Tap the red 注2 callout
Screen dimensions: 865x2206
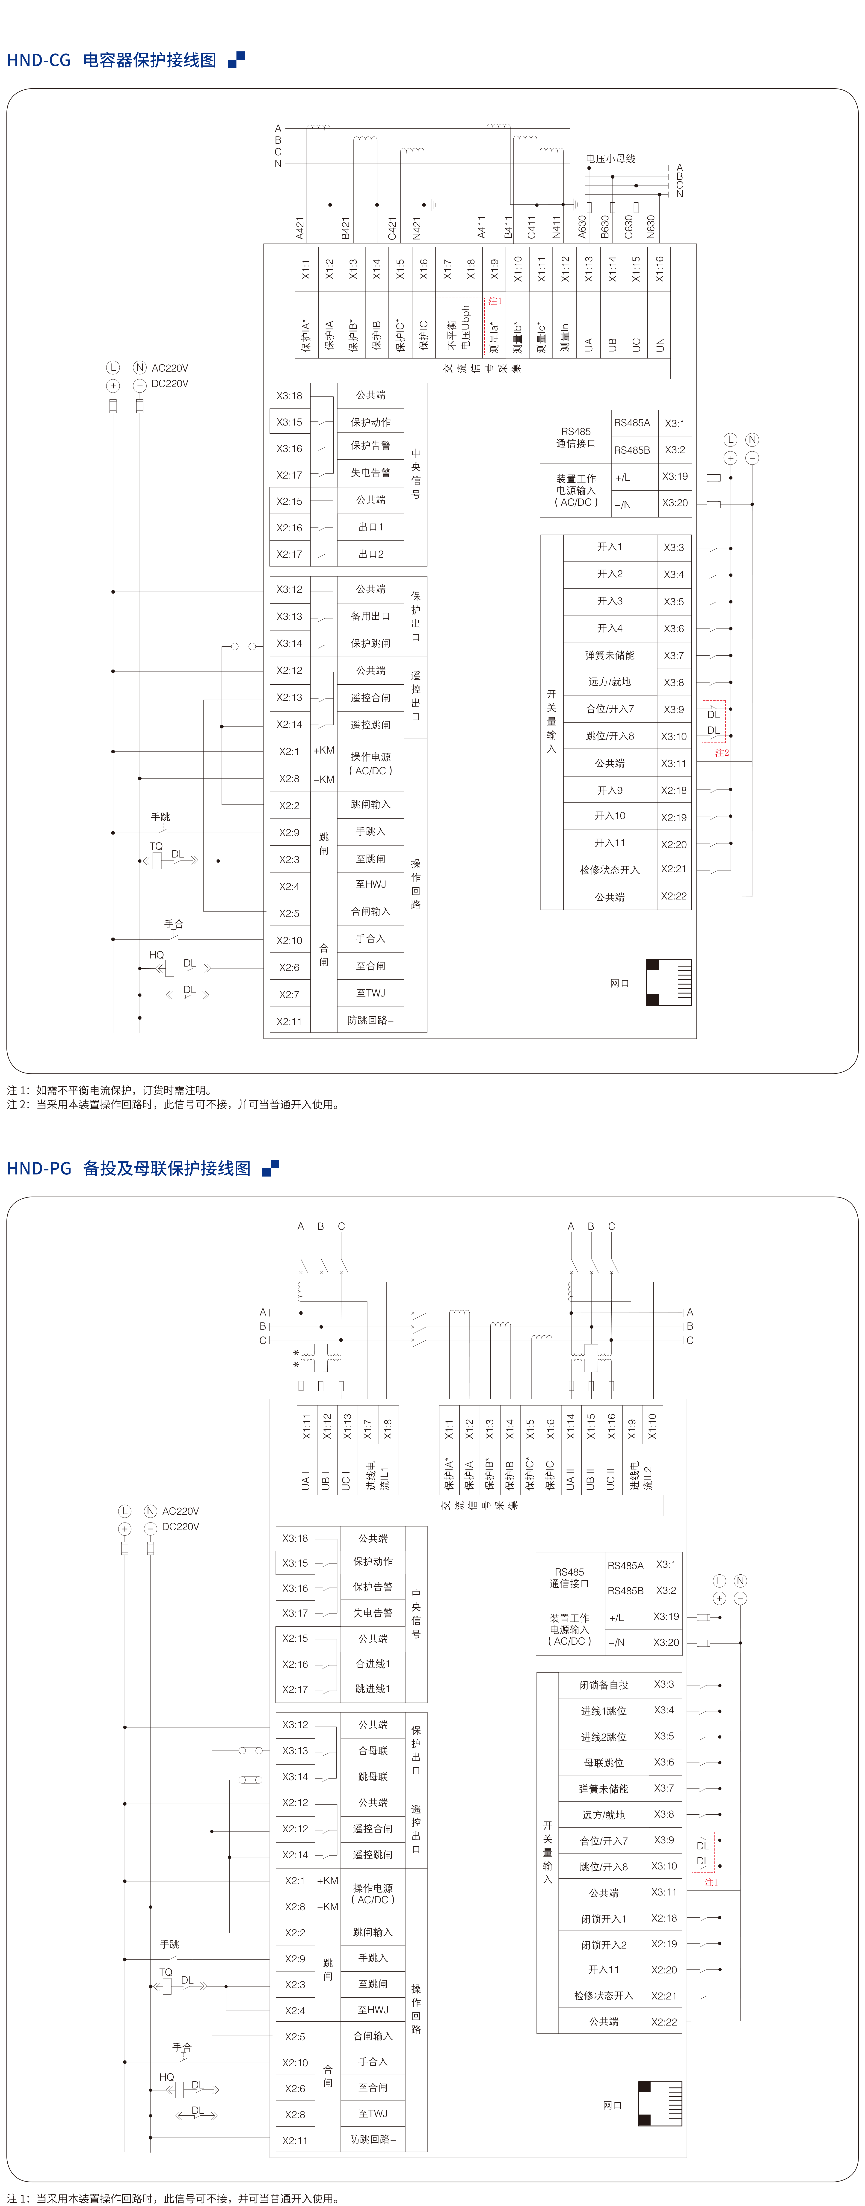[722, 753]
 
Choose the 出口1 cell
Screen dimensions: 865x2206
[371, 527]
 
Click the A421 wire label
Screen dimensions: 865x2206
[300, 228]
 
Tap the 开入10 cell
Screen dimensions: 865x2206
[610, 816]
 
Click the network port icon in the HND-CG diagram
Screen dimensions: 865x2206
[668, 982]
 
